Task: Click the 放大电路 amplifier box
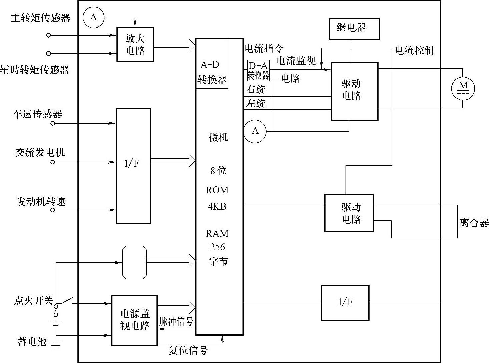135,44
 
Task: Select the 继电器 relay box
354,29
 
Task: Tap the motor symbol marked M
463,88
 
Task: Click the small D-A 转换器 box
258,71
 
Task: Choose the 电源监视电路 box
134,321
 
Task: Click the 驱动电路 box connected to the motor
354,91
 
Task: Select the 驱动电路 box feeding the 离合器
349,213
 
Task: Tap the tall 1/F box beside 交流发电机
133,166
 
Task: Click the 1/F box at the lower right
345,303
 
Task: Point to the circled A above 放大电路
93,17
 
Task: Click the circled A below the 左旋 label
255,131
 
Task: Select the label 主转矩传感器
40,18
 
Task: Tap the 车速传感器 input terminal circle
53,123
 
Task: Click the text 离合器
474,223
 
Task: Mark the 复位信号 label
188,350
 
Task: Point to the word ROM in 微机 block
217,190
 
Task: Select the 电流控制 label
414,50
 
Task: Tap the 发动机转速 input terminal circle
53,210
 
